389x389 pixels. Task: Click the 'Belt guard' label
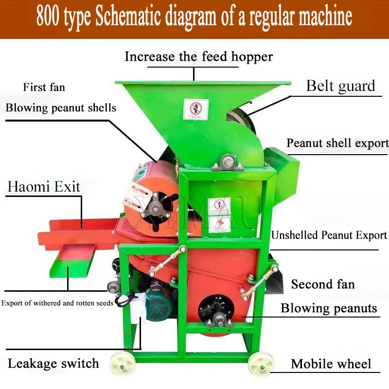point(340,87)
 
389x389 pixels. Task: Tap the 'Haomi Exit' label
point(44,186)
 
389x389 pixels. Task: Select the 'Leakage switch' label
point(53,363)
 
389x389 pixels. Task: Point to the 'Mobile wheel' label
point(331,364)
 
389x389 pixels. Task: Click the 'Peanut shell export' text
point(337,143)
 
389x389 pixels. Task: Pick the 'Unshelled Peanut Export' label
point(329,235)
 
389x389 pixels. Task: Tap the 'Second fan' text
point(323,284)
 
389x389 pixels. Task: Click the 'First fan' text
point(44,88)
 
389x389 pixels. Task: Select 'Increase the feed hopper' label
point(198,56)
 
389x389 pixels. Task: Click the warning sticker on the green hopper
point(196,109)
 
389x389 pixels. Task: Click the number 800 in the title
point(51,18)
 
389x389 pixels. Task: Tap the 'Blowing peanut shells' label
point(61,107)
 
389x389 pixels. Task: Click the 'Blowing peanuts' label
point(329,308)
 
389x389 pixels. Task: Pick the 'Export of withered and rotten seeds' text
point(57,303)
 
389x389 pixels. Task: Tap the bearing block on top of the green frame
point(228,162)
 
